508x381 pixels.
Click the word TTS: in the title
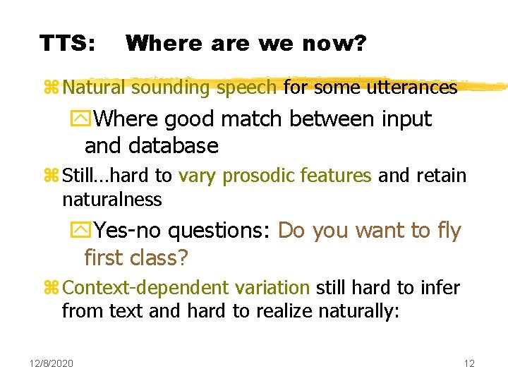click(68, 44)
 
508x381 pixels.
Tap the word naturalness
click(111, 200)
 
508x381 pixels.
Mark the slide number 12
click(469, 363)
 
